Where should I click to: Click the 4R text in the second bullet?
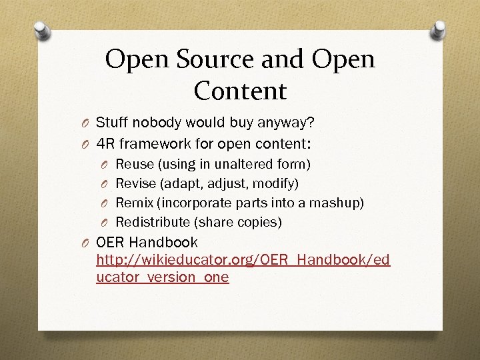pos(105,143)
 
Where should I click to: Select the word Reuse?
pos(135,163)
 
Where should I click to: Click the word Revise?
pos(135,183)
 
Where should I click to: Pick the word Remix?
pos(134,202)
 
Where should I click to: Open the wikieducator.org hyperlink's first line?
pos(243,259)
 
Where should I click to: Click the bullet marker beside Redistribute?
pos(105,222)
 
